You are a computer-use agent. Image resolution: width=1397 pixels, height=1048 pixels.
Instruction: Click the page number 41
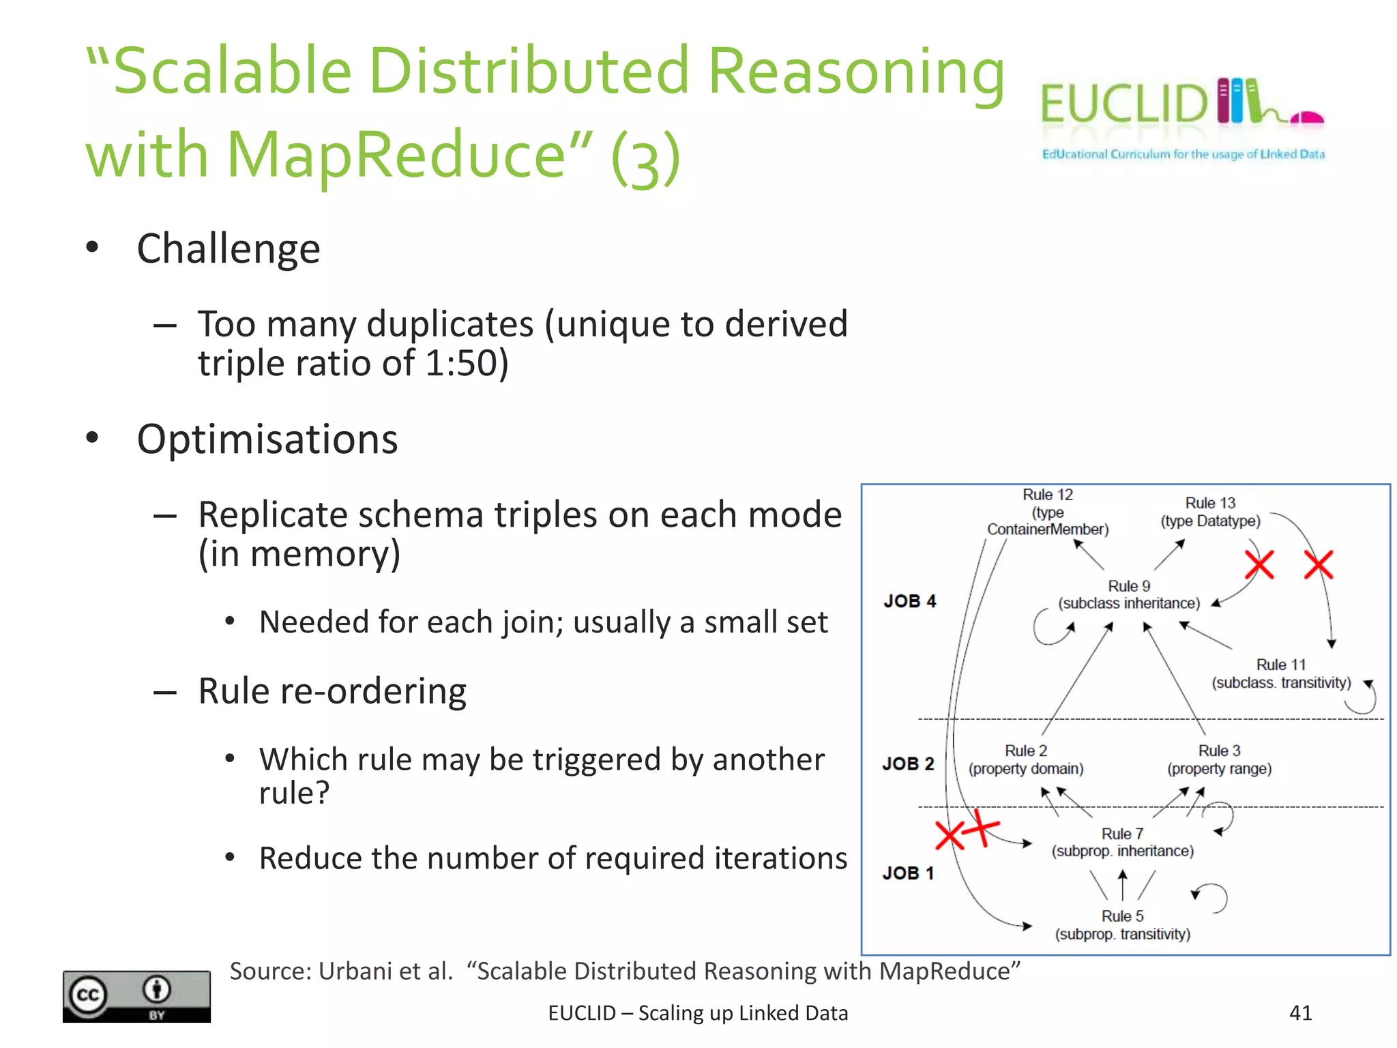(1300, 1013)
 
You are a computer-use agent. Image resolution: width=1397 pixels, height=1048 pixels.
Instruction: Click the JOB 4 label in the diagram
(909, 601)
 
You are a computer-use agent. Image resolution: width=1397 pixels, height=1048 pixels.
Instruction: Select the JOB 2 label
(908, 763)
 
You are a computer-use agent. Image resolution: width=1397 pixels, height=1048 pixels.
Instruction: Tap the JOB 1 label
(908, 873)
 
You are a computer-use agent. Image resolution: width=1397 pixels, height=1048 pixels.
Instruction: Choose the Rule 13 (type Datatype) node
(1210, 512)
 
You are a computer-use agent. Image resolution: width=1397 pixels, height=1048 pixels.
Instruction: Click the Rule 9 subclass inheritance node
(1129, 594)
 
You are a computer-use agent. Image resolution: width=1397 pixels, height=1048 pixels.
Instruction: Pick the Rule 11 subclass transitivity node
(1281, 673)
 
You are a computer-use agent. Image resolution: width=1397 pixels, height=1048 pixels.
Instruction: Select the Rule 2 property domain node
(1025, 759)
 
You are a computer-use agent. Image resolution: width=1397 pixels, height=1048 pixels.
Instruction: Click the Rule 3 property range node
(1219, 759)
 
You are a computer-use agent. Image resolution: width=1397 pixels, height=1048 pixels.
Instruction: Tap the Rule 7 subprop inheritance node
(1122, 842)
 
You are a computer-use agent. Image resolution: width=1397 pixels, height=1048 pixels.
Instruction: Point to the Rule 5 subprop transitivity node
(1122, 925)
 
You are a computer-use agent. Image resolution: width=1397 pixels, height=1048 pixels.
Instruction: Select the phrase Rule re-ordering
(332, 691)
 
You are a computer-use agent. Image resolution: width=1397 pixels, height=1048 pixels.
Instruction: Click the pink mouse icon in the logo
(1307, 118)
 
